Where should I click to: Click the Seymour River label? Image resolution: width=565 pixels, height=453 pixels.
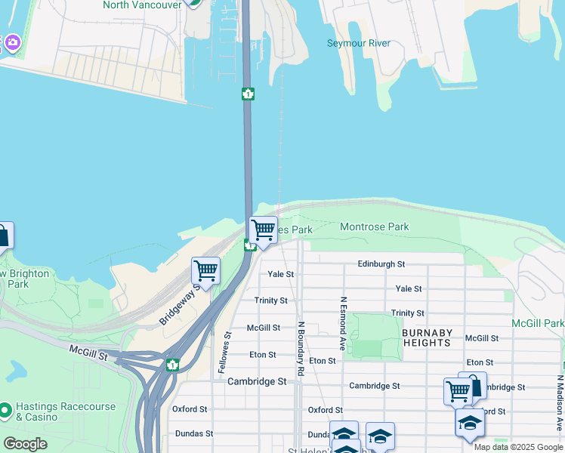click(358, 43)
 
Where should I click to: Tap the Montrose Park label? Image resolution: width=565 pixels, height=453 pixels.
click(374, 226)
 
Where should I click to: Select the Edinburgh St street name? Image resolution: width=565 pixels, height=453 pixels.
click(381, 264)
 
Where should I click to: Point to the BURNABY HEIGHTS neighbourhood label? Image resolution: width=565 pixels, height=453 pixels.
click(427, 337)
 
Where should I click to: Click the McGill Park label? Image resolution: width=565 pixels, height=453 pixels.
click(538, 323)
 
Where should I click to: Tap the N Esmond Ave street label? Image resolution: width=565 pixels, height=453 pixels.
click(343, 323)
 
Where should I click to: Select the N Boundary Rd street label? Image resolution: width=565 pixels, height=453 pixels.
click(300, 349)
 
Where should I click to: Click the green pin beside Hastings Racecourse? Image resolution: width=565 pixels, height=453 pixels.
click(6, 411)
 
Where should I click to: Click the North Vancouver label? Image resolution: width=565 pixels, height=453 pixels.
click(142, 5)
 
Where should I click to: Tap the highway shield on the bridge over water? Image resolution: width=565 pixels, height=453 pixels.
click(248, 94)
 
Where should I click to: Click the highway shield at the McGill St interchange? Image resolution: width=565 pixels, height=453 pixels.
click(173, 365)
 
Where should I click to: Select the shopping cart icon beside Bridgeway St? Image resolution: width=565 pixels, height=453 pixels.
click(205, 270)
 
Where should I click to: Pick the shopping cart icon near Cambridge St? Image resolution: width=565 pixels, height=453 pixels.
click(458, 391)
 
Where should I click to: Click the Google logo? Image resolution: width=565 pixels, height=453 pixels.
click(25, 443)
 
